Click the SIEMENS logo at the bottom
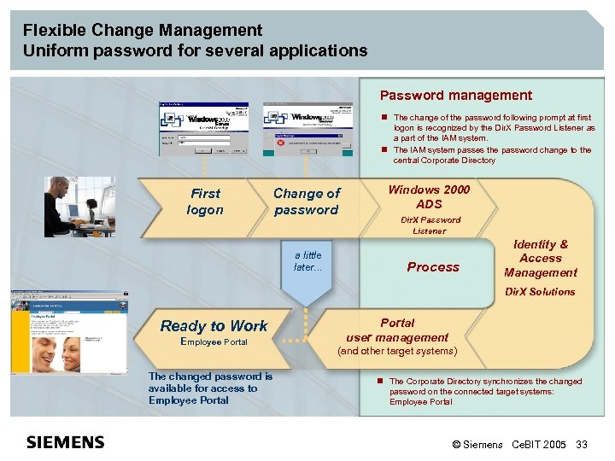coord(66,442)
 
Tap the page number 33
coord(582,445)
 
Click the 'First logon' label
coord(205,201)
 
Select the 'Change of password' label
coord(306,201)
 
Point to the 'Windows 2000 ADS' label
coord(429,196)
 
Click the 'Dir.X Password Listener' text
coord(430,225)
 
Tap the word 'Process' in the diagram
coord(433,267)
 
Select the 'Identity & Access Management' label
coord(540,259)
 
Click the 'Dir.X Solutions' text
coord(540,292)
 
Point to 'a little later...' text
coord(307,260)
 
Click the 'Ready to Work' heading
coord(214,326)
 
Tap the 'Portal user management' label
coord(397,330)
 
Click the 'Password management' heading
coord(455,96)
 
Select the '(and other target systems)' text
coord(397,351)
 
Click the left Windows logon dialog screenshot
coord(203,128)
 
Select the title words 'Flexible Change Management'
coord(143,31)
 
